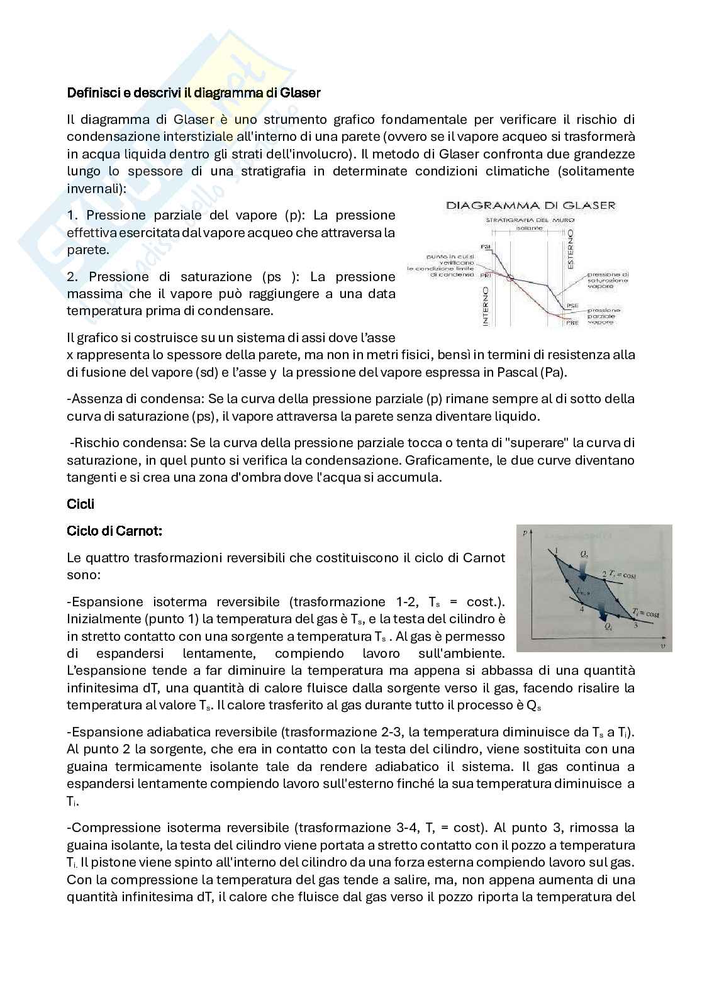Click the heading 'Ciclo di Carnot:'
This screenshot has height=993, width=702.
114,531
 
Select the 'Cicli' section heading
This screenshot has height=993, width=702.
81,504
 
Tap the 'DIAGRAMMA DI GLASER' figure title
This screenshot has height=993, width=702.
531,205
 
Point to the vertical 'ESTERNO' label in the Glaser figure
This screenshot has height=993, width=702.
571,250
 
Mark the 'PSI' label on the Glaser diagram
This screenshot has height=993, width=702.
485,247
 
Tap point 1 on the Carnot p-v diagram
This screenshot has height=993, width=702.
556,556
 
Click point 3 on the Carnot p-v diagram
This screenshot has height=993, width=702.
634,619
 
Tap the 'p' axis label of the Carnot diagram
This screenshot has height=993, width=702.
525,533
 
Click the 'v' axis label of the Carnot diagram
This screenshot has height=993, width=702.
663,646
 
